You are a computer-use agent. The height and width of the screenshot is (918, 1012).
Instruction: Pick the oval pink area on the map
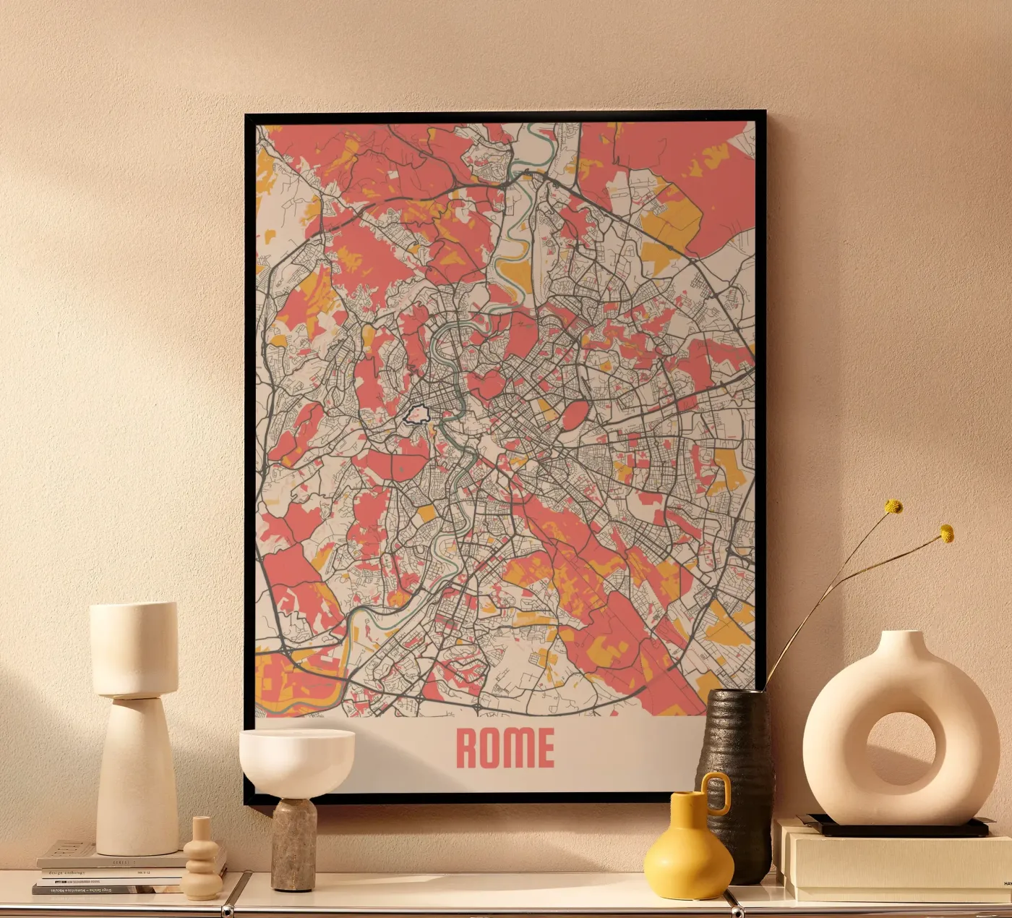pos(575,416)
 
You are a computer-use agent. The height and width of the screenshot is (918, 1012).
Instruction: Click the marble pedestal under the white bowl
pos(293,843)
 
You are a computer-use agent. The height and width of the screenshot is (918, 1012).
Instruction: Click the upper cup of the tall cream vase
pos(134,647)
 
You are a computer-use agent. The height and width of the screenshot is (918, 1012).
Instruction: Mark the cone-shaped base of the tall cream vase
pos(137,781)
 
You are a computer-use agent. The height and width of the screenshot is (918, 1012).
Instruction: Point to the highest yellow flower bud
pos(894,506)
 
